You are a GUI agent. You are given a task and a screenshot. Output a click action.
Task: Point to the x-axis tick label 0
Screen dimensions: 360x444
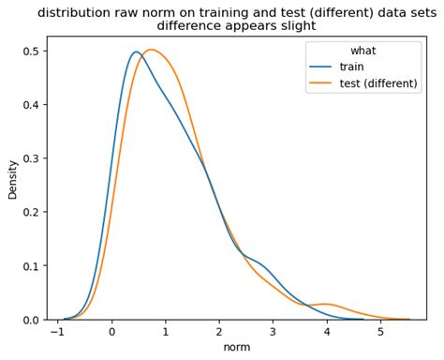[x=111, y=332]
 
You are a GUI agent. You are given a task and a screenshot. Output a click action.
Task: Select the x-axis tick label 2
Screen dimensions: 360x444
[x=219, y=332]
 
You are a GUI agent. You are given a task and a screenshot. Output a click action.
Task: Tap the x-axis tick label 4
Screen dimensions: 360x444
[x=327, y=332]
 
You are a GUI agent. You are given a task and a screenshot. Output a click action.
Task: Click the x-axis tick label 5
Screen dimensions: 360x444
[x=380, y=332]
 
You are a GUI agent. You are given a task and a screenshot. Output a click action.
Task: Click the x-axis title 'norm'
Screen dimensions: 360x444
[x=237, y=348]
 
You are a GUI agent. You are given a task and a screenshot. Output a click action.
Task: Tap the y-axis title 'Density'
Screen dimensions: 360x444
[x=12, y=178]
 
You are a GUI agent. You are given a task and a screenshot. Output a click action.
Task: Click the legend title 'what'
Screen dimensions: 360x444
[x=364, y=50]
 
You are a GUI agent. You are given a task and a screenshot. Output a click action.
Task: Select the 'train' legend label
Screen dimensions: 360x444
[x=352, y=67]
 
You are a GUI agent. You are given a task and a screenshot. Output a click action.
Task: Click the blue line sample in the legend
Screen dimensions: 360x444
[x=320, y=67]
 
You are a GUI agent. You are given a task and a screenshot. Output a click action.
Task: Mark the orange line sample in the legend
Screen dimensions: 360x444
[x=320, y=83]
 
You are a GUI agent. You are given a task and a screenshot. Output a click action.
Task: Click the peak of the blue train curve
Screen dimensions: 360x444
[x=136, y=52]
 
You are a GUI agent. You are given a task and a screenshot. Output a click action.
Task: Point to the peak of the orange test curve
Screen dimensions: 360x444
[x=151, y=50]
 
